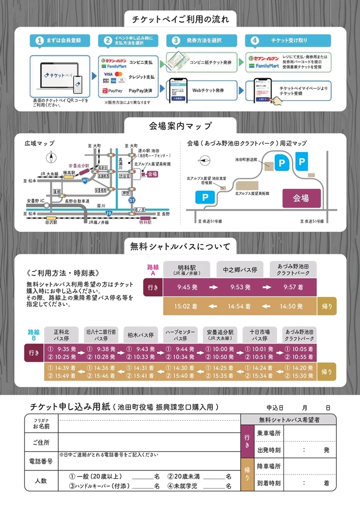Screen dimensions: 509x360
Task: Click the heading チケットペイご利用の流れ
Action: coord(180,19)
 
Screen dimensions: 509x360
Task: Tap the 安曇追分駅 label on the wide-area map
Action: coord(79,165)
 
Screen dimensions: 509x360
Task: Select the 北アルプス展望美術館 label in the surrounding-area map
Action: coord(252,193)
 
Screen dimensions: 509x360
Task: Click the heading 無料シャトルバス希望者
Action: coord(287,419)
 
